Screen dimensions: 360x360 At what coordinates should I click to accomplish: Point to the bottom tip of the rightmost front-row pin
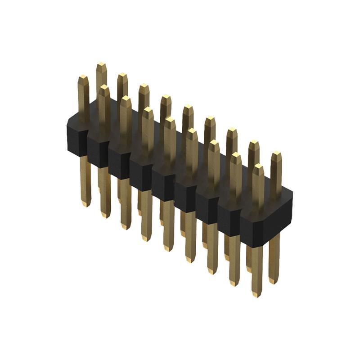click(x=256, y=294)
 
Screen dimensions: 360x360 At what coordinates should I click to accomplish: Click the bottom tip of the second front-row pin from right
click(x=234, y=283)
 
